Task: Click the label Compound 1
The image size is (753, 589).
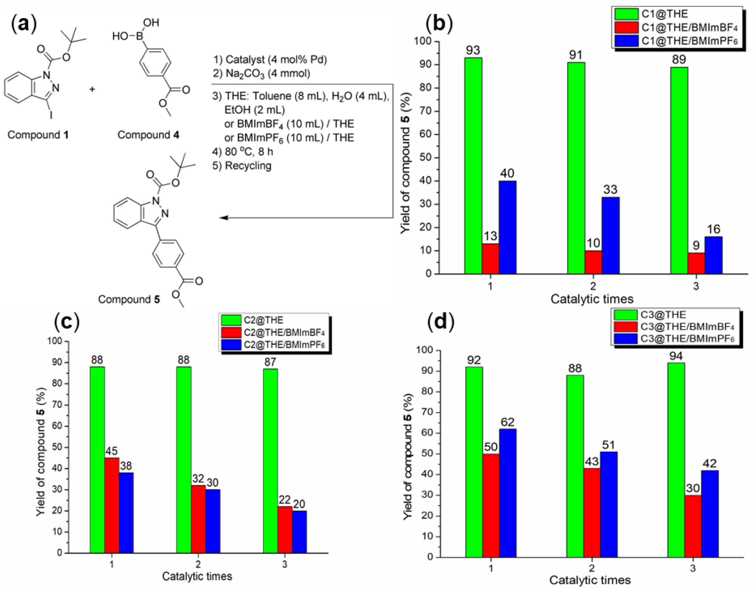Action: [38, 135]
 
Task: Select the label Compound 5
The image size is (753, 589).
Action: [129, 299]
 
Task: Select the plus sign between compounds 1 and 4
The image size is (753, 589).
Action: [92, 90]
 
